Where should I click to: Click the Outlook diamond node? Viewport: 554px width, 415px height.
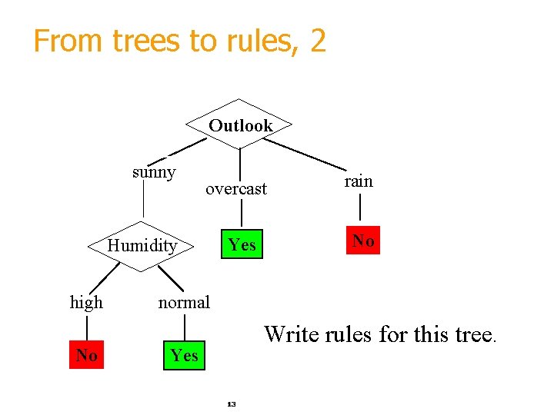click(x=241, y=125)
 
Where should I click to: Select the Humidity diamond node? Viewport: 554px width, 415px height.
click(x=142, y=246)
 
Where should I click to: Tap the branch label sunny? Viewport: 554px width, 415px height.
click(x=154, y=172)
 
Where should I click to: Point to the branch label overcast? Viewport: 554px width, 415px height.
click(x=236, y=189)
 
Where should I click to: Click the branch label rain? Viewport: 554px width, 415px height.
click(x=359, y=181)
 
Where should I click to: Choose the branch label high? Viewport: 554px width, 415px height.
click(x=86, y=303)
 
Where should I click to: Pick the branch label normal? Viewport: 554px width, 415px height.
click(x=184, y=303)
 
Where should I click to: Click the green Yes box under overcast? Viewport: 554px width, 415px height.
click(x=242, y=244)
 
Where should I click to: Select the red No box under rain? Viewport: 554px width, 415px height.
click(x=363, y=241)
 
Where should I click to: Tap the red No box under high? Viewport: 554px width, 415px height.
click(x=86, y=355)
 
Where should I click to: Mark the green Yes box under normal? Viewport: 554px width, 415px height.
click(x=185, y=355)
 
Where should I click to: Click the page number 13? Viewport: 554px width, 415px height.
click(x=232, y=403)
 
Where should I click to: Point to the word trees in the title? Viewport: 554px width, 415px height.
click(x=148, y=41)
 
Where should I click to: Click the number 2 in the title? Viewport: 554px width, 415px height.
click(x=318, y=41)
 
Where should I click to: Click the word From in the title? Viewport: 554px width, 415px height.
click(x=68, y=41)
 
